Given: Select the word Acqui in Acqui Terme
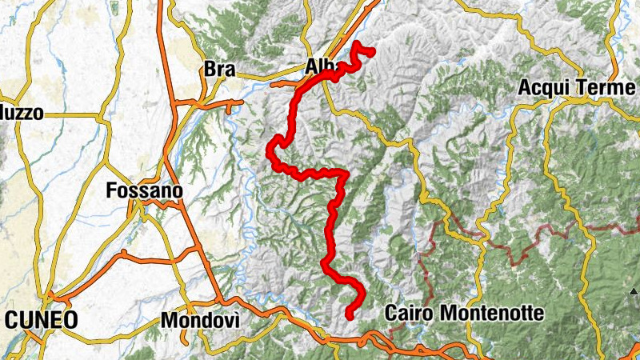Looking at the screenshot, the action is click(546, 86).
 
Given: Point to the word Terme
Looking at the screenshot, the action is click(602, 86).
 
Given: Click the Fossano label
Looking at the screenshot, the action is click(145, 191).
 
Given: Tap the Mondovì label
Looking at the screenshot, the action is click(200, 320).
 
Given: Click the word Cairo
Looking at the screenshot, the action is click(409, 312).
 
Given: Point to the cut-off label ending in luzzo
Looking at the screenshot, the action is click(21, 114).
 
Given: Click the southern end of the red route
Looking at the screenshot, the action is click(350, 316).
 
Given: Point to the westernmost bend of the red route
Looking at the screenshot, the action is click(270, 147).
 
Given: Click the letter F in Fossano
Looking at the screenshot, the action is click(112, 191).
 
